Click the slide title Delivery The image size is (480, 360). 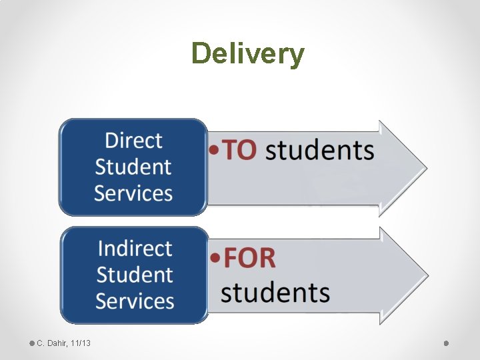click(247, 54)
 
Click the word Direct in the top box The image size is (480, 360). click(133, 141)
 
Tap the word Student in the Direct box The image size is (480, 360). click(133, 167)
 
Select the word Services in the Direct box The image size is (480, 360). click(133, 193)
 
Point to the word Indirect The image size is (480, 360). click(135, 248)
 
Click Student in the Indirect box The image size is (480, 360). click(135, 274)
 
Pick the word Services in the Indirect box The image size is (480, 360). click(135, 301)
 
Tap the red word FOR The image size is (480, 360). click(249, 258)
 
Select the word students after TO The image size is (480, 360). click(319, 151)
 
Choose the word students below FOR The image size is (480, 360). click(275, 292)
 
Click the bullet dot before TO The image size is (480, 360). click(213, 151)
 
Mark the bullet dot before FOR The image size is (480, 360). click(215, 259)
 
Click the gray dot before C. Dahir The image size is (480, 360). click(32, 343)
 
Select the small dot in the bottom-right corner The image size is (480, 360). click(446, 343)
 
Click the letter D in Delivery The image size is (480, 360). click(199, 53)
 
